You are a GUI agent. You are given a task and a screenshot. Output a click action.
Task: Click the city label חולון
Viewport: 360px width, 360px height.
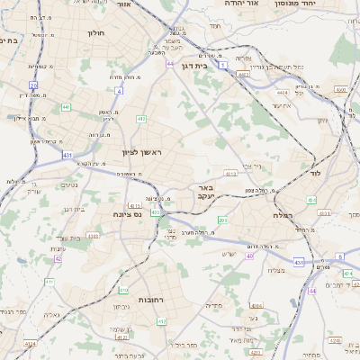(96, 33)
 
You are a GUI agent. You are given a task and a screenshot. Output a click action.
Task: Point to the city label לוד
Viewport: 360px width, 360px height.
(314, 171)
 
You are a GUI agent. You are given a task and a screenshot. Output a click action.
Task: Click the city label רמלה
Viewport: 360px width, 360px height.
(307, 215)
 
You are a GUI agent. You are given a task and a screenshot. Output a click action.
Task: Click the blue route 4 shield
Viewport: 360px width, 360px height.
(119, 90)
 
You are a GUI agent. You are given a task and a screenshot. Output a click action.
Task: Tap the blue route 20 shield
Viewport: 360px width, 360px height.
(33, 85)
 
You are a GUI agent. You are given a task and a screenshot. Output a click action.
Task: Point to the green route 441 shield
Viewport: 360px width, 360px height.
(66, 108)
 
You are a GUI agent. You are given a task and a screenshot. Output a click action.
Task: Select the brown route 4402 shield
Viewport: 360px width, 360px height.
(244, 75)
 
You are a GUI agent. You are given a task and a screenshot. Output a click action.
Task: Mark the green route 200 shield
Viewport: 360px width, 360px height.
(222, 220)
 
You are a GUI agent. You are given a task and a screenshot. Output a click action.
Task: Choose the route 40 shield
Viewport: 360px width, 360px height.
(248, 257)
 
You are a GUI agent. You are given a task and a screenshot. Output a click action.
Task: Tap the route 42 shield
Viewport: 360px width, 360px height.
(57, 259)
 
